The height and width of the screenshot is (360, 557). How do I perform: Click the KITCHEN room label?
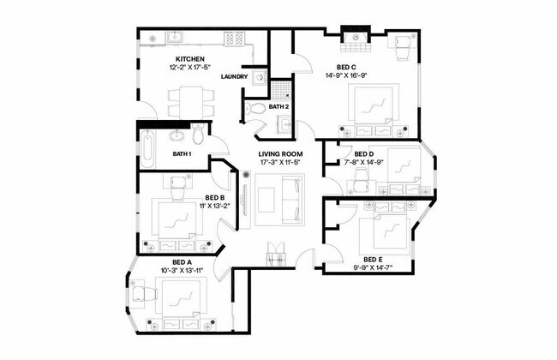[x=190, y=58]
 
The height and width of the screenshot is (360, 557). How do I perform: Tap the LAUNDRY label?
[x=234, y=77]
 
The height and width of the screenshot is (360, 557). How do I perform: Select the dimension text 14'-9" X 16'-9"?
[x=346, y=75]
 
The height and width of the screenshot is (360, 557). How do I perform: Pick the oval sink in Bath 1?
[x=179, y=135]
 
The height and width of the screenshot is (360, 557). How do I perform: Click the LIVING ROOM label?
[x=282, y=154]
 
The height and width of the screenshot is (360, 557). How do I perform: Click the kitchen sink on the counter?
[x=175, y=37]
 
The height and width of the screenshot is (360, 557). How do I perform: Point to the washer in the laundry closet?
[x=258, y=74]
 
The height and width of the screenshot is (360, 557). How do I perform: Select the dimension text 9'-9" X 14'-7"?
[x=371, y=267]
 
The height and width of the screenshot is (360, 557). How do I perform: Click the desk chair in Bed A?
[x=142, y=291]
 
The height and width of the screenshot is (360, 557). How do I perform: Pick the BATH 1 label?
[x=181, y=154]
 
